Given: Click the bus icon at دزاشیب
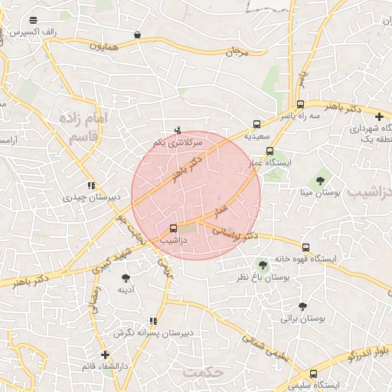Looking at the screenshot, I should click(172, 227).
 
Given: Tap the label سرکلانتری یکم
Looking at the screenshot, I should click(177, 142).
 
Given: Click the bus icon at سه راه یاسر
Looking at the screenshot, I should click(299, 105).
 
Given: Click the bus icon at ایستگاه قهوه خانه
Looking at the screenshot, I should click(305, 247).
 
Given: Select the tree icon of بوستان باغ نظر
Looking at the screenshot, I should click(264, 264).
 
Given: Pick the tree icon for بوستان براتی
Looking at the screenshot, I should click(302, 305).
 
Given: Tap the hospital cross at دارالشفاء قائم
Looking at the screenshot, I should click(105, 354).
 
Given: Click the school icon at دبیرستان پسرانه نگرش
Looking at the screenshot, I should click(153, 321).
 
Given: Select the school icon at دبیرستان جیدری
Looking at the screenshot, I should click(92, 185).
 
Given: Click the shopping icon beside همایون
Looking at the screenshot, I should click(137, 34).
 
